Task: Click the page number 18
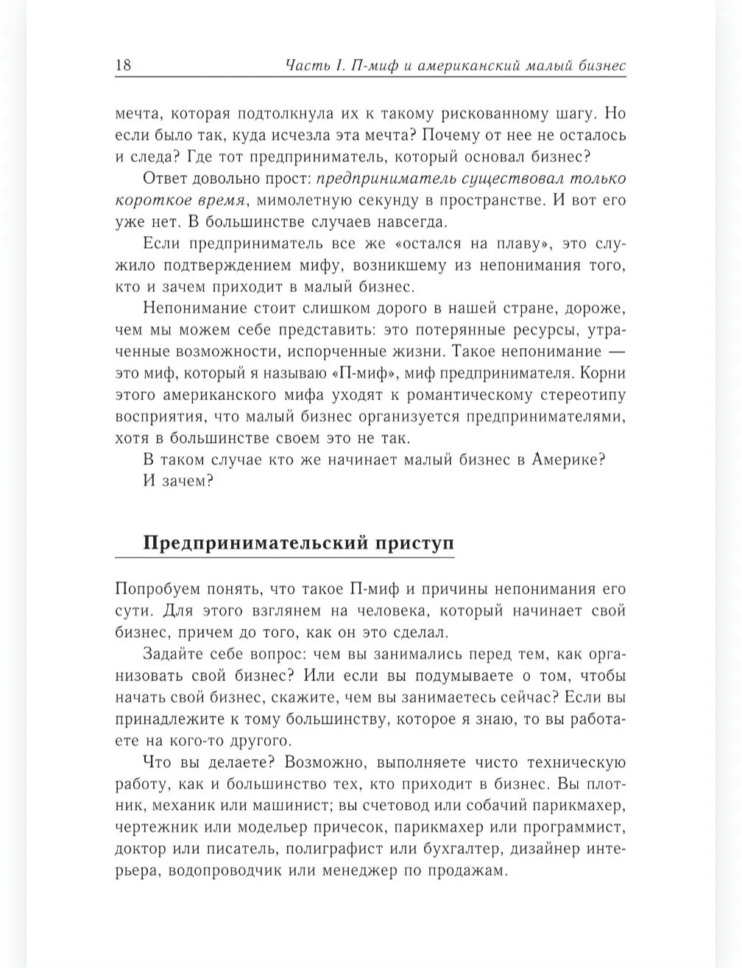(x=123, y=65)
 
